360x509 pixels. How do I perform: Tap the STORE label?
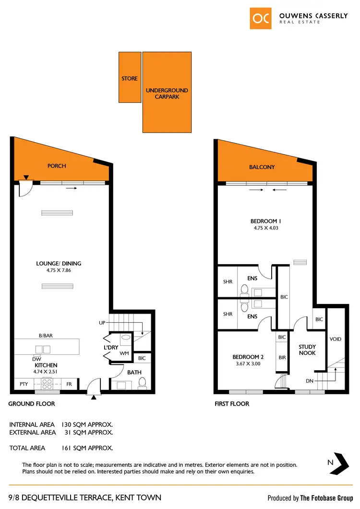click(x=130, y=78)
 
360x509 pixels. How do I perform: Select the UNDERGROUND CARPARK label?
click(x=167, y=94)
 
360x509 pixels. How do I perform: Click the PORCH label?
click(x=57, y=166)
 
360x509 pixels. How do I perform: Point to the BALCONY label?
click(x=262, y=167)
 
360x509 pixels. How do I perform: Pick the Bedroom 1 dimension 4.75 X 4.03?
click(x=266, y=228)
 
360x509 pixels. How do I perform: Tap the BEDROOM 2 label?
click(x=248, y=357)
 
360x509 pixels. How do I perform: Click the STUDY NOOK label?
click(x=307, y=350)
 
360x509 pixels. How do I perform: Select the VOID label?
click(x=336, y=339)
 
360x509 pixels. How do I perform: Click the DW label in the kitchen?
click(x=36, y=359)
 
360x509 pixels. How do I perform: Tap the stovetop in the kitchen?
click(x=48, y=383)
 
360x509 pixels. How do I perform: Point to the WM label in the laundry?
click(x=125, y=353)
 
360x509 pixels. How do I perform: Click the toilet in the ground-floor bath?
click(x=143, y=383)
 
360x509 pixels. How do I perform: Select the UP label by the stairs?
click(x=102, y=323)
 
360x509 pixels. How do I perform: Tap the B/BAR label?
click(x=46, y=336)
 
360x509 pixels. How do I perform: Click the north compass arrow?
click(x=342, y=463)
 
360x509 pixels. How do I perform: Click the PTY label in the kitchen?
click(x=24, y=384)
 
